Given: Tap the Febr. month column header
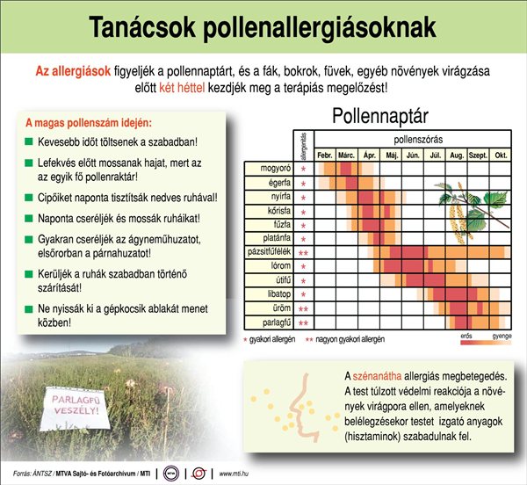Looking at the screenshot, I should (x=326, y=155).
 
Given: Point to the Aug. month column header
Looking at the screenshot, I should (x=456, y=155).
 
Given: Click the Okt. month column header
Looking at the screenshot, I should (x=501, y=155).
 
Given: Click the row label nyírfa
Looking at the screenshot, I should (x=276, y=196).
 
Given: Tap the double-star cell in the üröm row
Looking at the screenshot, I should (x=304, y=309).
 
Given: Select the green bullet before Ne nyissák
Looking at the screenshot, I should (x=29, y=309).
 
